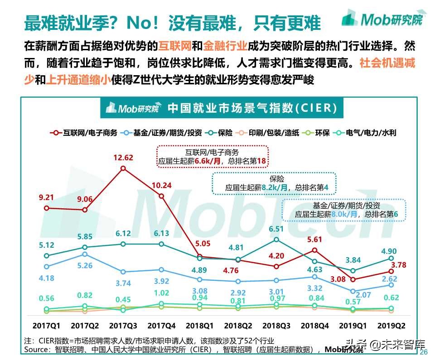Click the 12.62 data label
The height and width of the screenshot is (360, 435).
pos(123,158)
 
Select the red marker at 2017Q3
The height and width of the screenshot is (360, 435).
pos(123,168)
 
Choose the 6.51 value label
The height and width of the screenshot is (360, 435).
pos(276,229)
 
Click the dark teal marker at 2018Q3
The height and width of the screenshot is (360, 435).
pos(276,239)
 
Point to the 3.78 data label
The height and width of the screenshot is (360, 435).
pos(398,264)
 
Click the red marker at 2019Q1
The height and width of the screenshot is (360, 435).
pos(353,279)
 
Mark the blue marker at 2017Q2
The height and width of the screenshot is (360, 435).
pos(84,254)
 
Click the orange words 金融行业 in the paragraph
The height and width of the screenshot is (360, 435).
pos(225,46)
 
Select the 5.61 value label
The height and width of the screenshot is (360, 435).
pos(315,240)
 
